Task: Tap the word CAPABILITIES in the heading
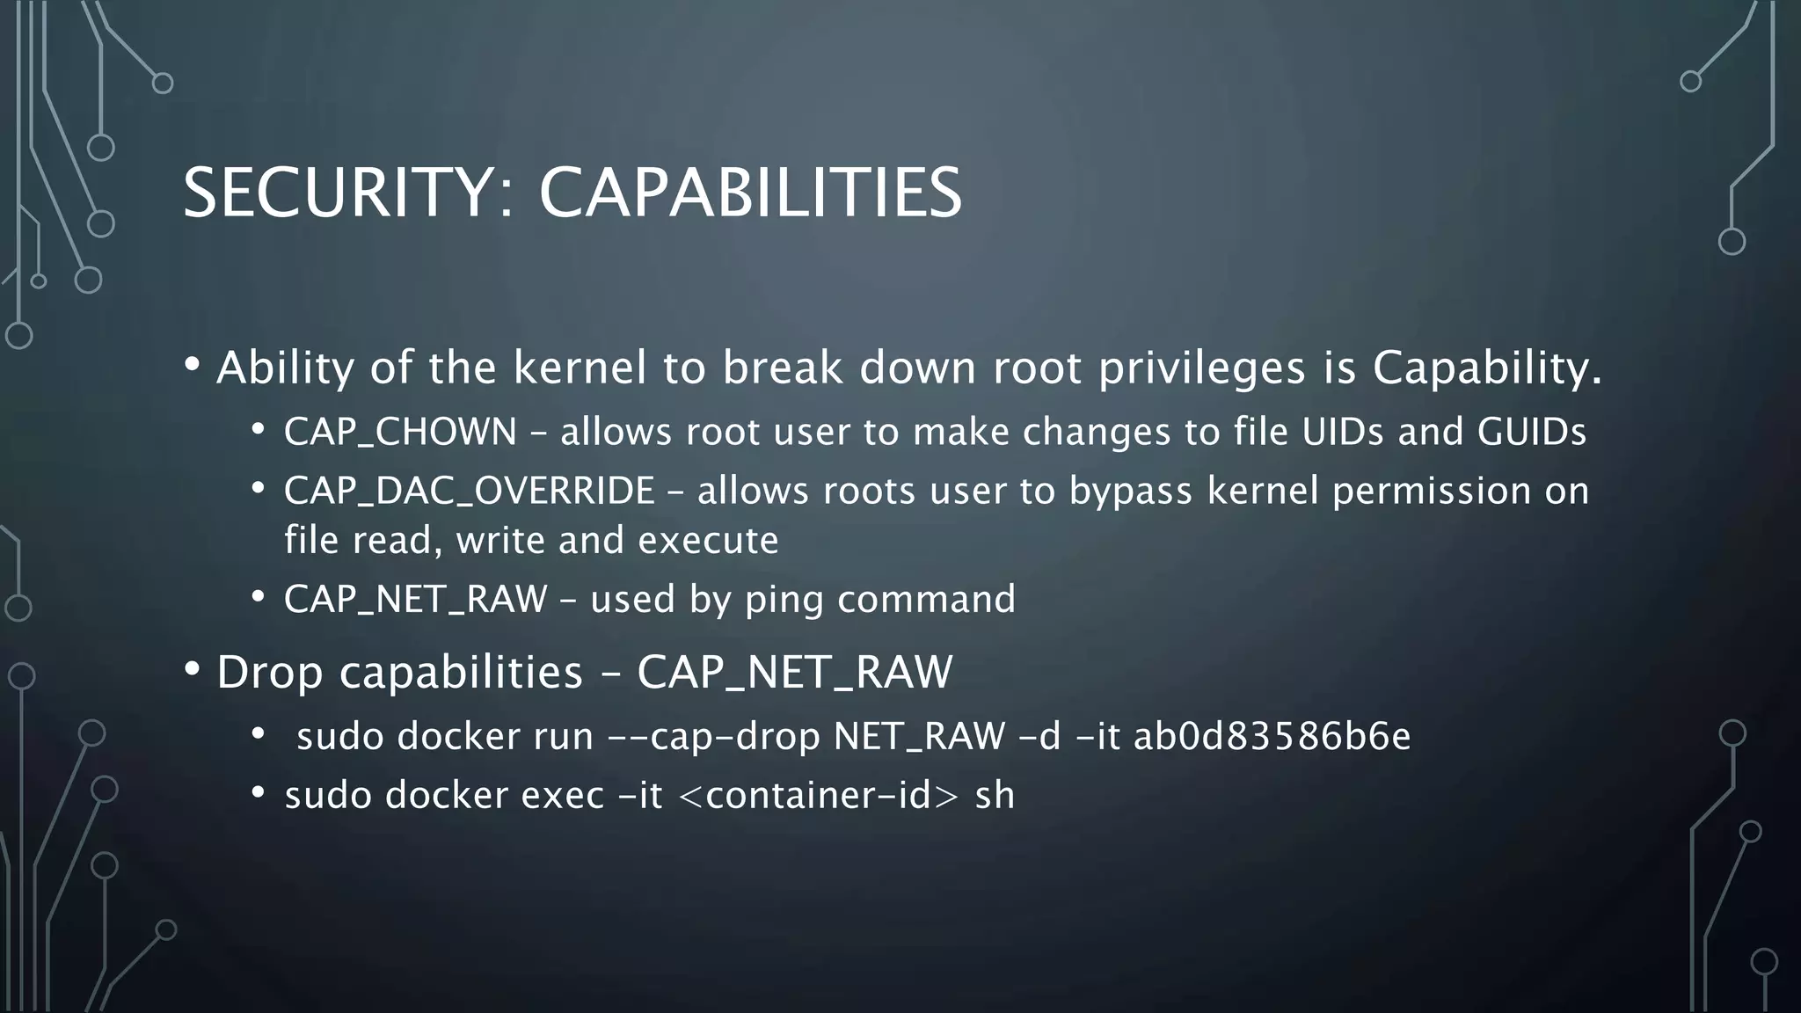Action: [x=750, y=193]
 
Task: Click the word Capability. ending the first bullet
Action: [x=1487, y=368]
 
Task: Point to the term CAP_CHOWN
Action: [x=400, y=432]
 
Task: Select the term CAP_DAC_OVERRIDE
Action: [x=470, y=491]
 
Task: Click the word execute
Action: [x=708, y=540]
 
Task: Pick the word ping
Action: [x=784, y=600]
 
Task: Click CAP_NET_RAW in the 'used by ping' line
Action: [x=415, y=600]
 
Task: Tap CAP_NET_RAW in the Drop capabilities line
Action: [x=794, y=673]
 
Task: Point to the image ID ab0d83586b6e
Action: [x=1272, y=737]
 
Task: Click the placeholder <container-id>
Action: [x=818, y=796]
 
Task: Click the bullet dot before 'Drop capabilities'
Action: [x=193, y=670]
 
